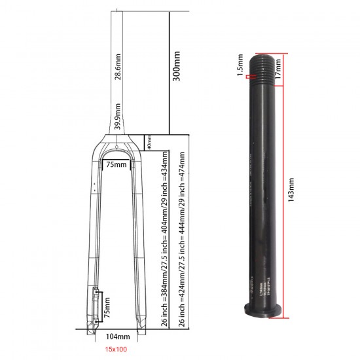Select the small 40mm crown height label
click(149, 141)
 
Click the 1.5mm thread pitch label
click(240, 64)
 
